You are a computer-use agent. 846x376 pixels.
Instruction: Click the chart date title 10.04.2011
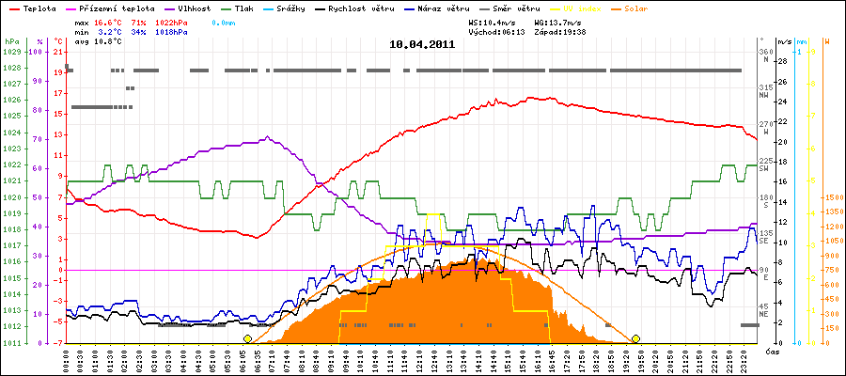click(x=423, y=44)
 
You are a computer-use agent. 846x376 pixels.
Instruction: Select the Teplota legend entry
click(x=37, y=8)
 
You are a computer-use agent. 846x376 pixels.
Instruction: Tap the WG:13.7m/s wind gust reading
click(x=557, y=20)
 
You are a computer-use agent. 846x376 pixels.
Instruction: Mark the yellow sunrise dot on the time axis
click(x=247, y=338)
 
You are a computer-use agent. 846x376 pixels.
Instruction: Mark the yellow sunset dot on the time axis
click(x=635, y=338)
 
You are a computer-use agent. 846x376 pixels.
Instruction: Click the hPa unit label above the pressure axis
click(x=11, y=41)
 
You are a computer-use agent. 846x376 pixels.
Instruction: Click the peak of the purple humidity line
click(x=269, y=136)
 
